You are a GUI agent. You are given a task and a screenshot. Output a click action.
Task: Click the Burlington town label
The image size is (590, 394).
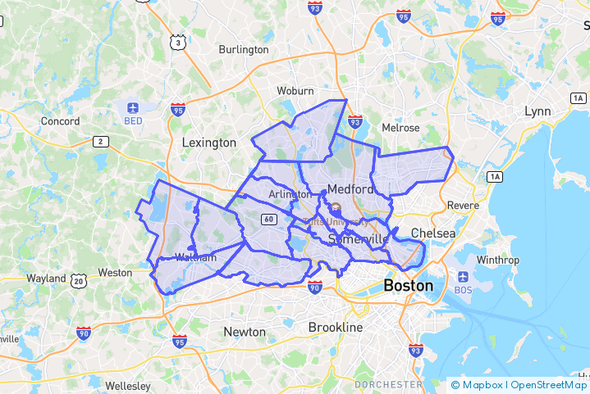pyautogui.click(x=244, y=49)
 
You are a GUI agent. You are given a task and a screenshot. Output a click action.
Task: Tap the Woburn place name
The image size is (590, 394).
pyautogui.click(x=295, y=90)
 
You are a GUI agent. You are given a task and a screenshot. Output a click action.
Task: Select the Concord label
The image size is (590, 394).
pyautogui.click(x=61, y=121)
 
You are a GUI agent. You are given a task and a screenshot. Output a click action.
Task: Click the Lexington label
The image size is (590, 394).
pyautogui.click(x=208, y=143)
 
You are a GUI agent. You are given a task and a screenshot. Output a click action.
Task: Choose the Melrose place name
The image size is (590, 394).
pyautogui.click(x=400, y=128)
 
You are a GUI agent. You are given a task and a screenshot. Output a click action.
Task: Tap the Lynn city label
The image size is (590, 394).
pyautogui.click(x=537, y=111)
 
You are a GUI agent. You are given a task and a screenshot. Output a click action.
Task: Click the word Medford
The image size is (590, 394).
pyautogui.click(x=350, y=189)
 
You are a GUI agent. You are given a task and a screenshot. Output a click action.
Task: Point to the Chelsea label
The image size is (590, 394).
pyautogui.click(x=433, y=233)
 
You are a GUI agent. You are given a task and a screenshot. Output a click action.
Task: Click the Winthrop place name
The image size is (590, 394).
pyautogui.click(x=498, y=260)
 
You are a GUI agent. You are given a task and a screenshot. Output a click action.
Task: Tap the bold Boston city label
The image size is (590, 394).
pyautogui.click(x=408, y=286)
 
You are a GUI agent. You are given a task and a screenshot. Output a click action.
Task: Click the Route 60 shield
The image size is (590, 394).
pyautogui.click(x=268, y=219)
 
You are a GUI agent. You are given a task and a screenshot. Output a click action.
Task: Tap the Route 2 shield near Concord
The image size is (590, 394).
pyautogui.click(x=101, y=142)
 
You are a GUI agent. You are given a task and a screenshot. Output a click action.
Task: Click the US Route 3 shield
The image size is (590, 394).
pyautogui.click(x=177, y=42)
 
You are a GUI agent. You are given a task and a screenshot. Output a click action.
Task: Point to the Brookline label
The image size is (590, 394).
pyautogui.click(x=335, y=328)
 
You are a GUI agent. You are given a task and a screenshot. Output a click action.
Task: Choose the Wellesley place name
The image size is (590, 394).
pyautogui.click(x=127, y=385)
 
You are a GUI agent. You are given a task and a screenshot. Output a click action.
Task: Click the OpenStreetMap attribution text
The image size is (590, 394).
pyautogui.click(x=548, y=384)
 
